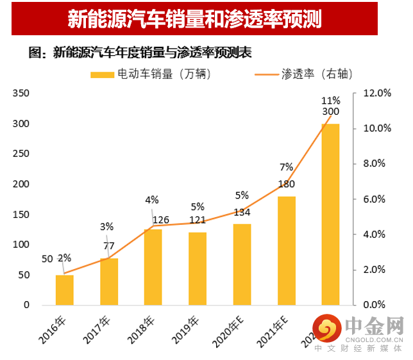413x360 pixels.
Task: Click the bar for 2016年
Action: click(x=65, y=290)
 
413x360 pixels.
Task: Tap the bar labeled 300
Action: click(x=330, y=214)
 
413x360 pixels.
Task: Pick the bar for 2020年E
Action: click(x=242, y=264)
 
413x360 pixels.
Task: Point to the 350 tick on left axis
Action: click(x=21, y=93)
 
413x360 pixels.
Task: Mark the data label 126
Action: click(x=160, y=220)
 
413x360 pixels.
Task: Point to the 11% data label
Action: click(x=331, y=100)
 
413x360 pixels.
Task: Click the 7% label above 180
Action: click(x=286, y=168)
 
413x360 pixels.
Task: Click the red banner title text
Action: click(x=194, y=20)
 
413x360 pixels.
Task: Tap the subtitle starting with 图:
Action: click(x=136, y=53)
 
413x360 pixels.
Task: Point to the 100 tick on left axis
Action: click(x=21, y=245)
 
